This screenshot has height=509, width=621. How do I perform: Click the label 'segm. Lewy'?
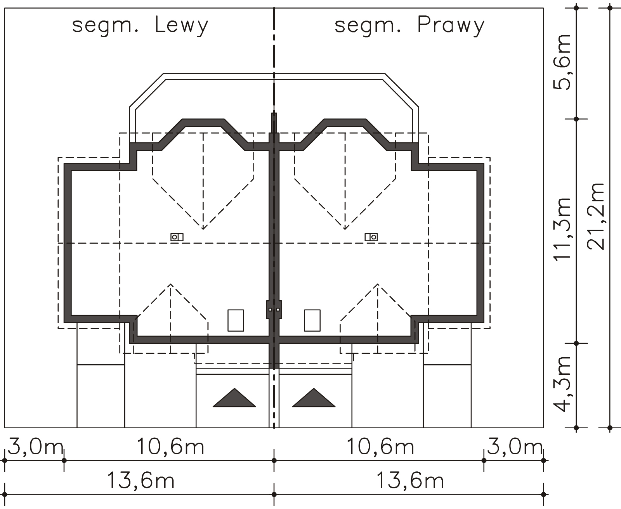click(140, 26)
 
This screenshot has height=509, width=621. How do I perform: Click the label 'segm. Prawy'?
click(409, 26)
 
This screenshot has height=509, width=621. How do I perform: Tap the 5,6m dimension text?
click(562, 62)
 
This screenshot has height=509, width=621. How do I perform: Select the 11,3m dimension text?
click(562, 229)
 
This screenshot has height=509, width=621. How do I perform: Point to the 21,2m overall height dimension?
click(595, 217)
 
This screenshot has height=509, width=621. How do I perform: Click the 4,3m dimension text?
click(562, 384)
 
